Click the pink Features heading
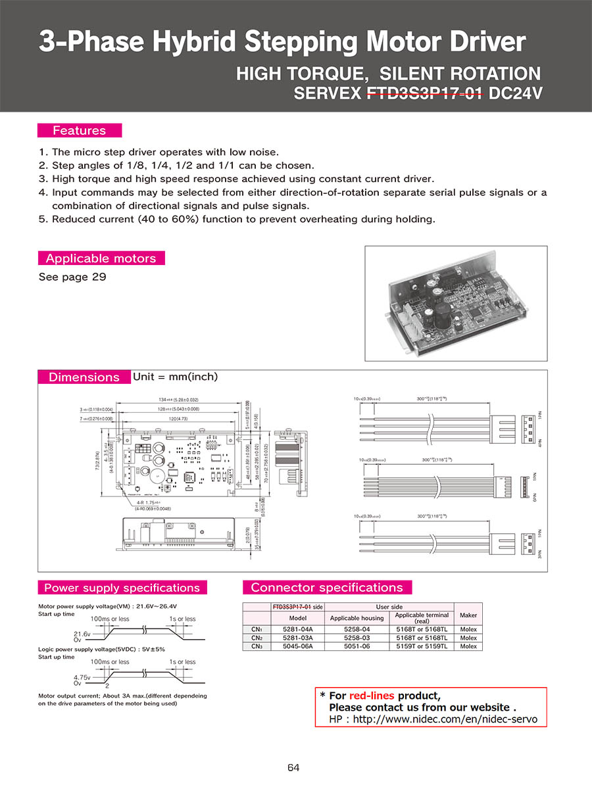[80, 130]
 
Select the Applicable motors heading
[101, 258]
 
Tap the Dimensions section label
[84, 377]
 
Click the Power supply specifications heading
[122, 588]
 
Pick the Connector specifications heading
[327, 588]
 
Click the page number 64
[293, 767]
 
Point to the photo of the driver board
[457, 303]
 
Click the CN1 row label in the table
[257, 629]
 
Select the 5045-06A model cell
[298, 646]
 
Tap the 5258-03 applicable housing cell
[357, 638]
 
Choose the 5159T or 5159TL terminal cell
[422, 646]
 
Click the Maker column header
[468, 615]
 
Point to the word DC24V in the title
[516, 93]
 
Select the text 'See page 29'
[72, 277]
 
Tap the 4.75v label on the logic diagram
[82, 676]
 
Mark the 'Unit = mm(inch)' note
[175, 377]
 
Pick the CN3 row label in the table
[257, 646]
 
